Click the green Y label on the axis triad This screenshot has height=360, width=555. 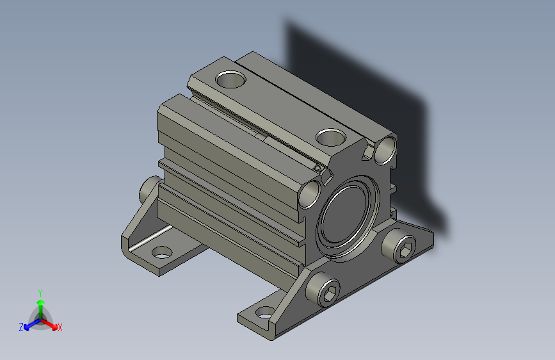tap(40, 291)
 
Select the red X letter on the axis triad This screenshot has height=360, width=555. tap(60, 327)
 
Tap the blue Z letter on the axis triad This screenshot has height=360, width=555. tap(21, 327)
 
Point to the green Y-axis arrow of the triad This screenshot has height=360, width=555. tap(40, 304)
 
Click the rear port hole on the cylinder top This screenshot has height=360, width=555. tap(231, 79)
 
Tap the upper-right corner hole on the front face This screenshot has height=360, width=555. tap(386, 149)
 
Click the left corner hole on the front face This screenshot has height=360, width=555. tap(310, 193)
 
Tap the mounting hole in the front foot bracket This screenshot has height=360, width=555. tap(264, 314)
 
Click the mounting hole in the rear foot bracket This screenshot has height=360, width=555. tap(163, 252)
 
